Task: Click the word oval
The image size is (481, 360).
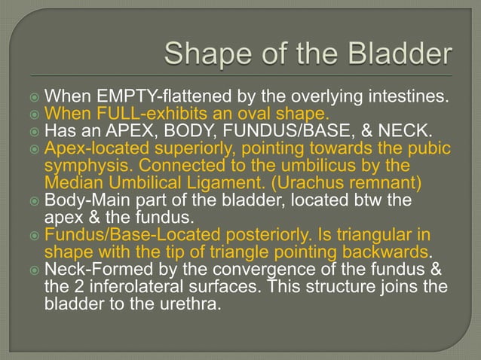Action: click(247, 114)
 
